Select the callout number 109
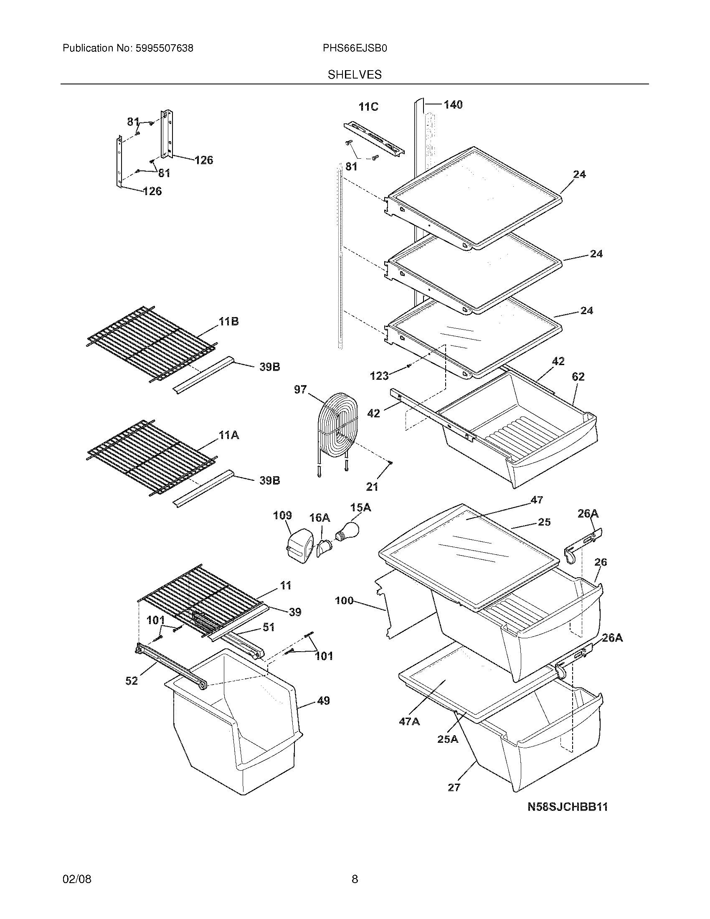pos(282,515)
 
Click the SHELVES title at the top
pos(355,75)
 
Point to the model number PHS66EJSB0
pos(355,48)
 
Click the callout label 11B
pos(228,322)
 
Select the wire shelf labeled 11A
pos(152,457)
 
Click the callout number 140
pos(453,104)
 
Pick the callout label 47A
pos(409,722)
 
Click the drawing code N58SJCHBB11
pos(568,807)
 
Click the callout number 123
pos(379,376)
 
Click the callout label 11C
pos(368,107)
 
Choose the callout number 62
pos(578,377)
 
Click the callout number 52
pos(132,681)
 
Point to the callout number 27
pos(454,787)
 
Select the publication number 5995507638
pos(164,48)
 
